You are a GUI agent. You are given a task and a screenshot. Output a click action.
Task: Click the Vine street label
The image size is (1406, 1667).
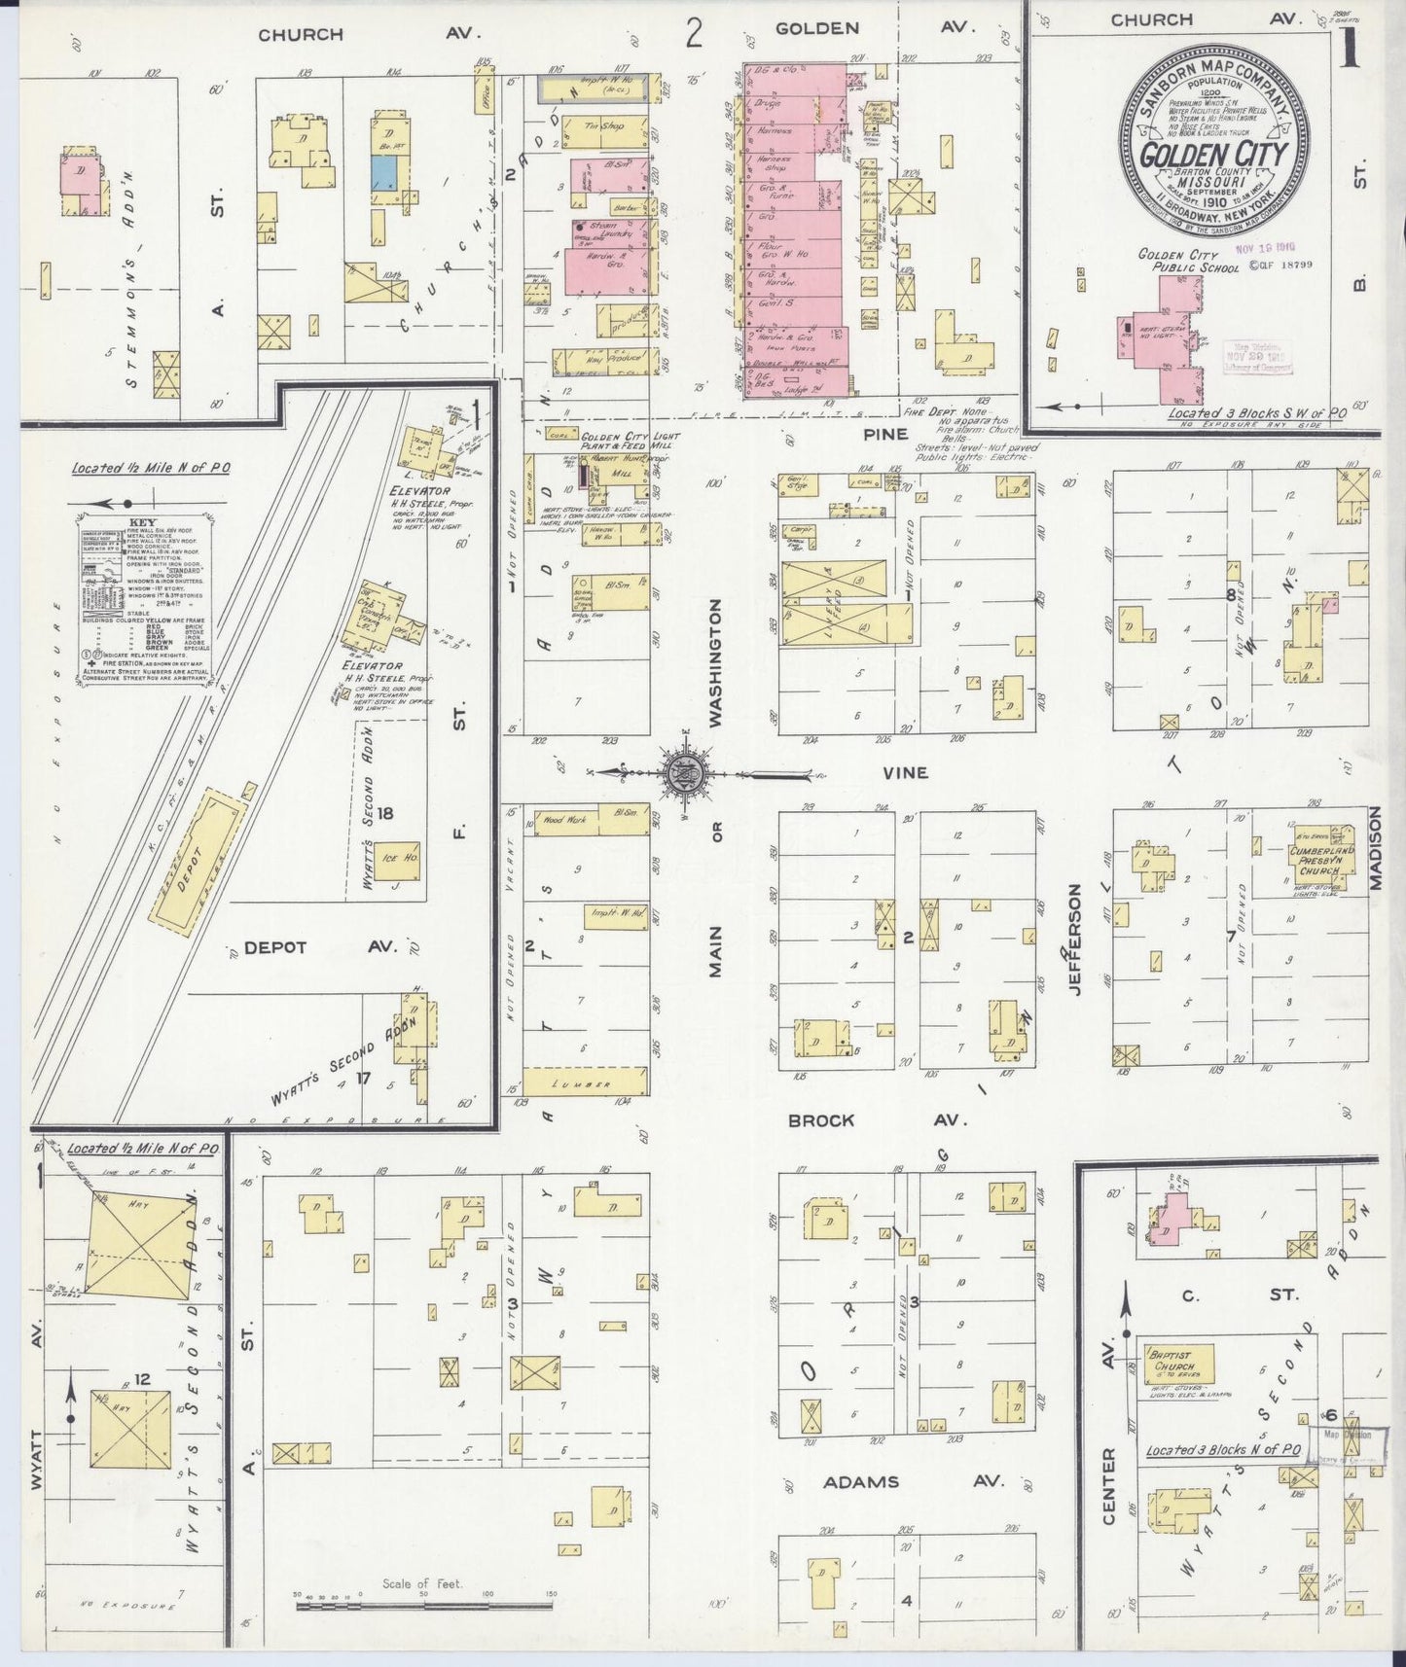click(x=905, y=773)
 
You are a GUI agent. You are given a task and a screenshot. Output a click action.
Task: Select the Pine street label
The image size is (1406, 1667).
click(x=884, y=435)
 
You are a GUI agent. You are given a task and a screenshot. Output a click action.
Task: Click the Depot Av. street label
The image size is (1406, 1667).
click(x=302, y=947)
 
